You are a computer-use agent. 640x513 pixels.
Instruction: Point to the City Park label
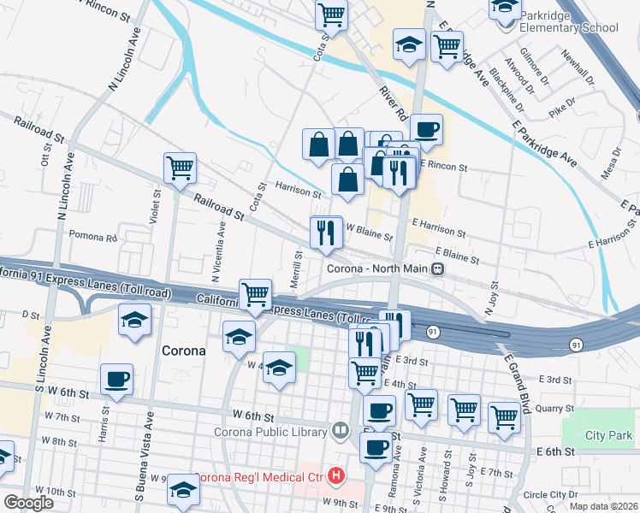pos(608,435)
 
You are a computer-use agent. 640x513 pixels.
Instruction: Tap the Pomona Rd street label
pos(92,236)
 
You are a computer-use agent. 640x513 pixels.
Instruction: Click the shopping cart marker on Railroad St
pos(181,168)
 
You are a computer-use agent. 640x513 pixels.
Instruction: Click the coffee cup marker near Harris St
pos(116,380)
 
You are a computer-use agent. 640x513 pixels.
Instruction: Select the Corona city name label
pos(183,351)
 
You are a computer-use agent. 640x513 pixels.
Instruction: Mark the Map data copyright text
pos(603,506)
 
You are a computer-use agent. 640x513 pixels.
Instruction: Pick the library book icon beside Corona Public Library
pos(341,429)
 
